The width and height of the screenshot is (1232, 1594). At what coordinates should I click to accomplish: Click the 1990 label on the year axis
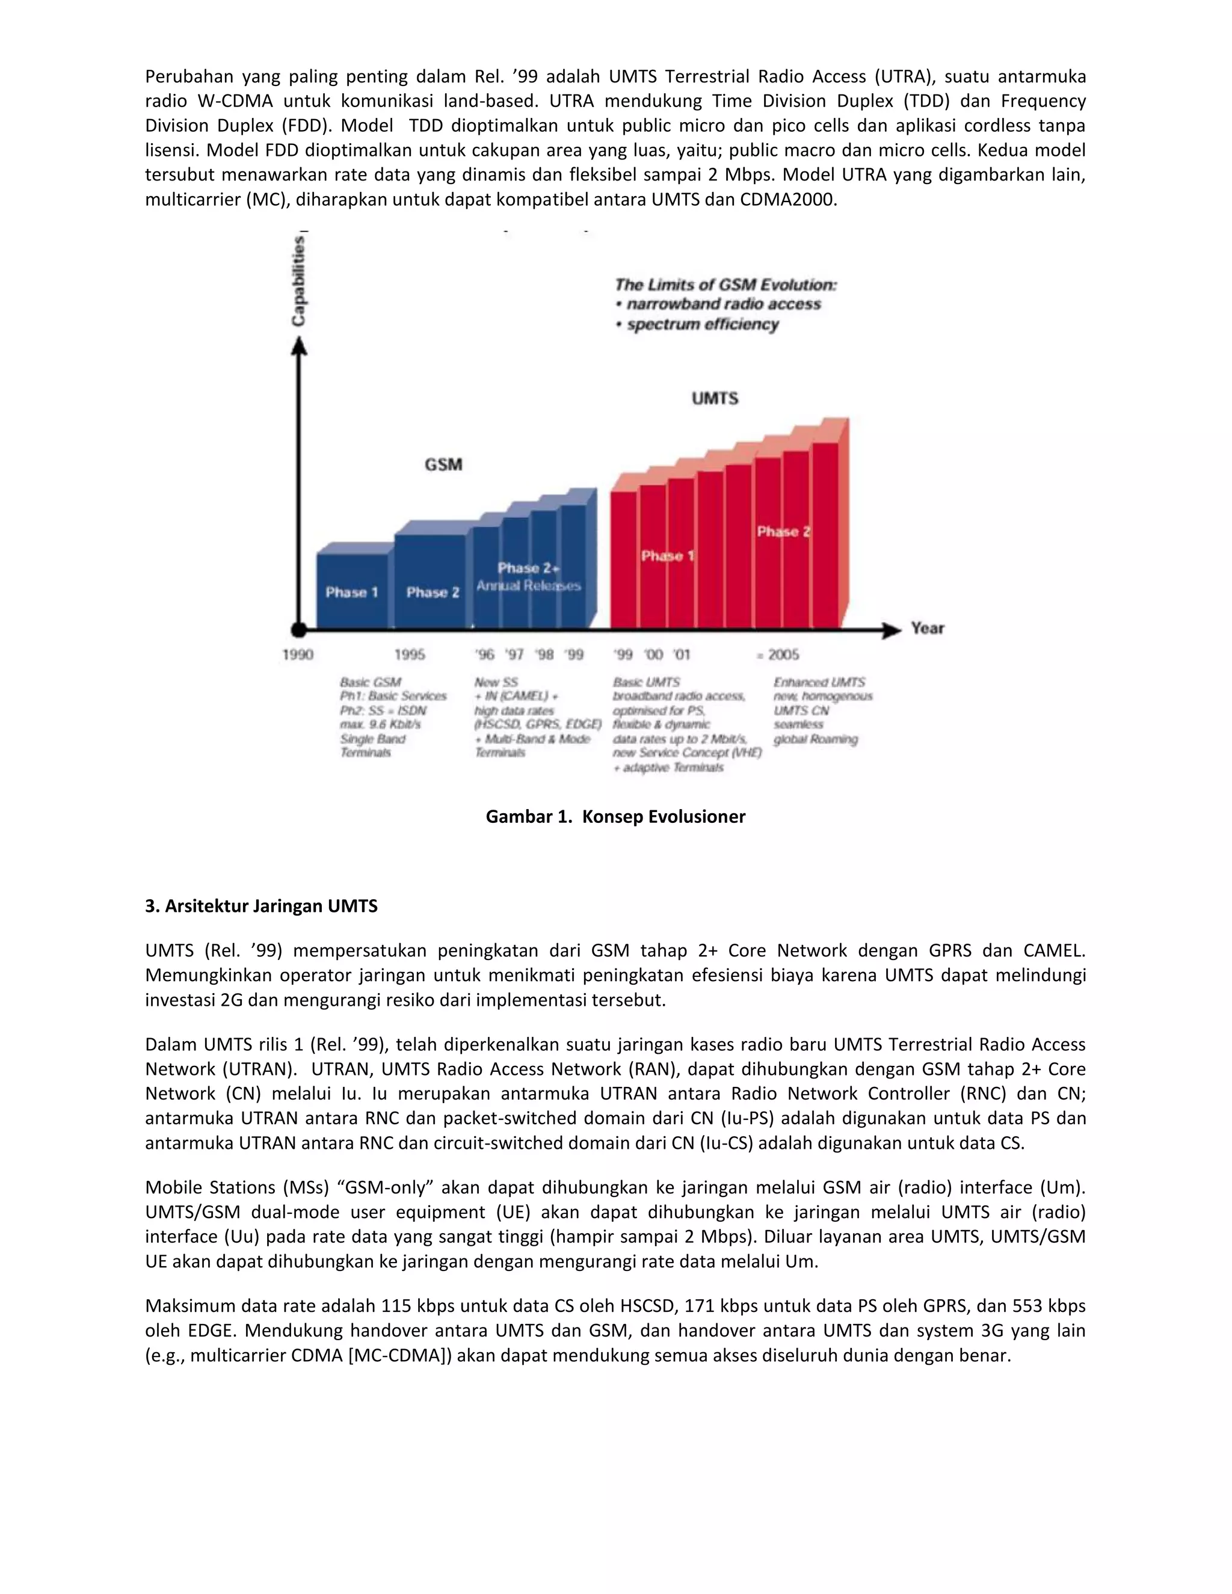tap(298, 654)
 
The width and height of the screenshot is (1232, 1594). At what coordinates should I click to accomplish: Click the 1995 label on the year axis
tap(410, 654)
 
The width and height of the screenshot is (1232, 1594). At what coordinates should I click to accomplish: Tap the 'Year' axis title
tap(927, 629)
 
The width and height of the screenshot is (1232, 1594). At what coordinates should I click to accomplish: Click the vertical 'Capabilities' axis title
tap(299, 281)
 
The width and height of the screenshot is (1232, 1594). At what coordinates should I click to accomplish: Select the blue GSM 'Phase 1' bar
tap(353, 591)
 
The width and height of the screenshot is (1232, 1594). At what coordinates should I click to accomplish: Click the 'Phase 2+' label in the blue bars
tap(528, 568)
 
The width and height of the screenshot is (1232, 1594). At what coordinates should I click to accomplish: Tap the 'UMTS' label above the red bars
tap(715, 398)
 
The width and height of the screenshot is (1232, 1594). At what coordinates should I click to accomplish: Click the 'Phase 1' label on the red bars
tap(667, 556)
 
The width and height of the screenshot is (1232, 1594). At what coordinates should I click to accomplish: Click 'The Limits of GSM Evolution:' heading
tap(725, 285)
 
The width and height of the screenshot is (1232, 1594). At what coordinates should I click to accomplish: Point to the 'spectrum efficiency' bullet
tap(702, 324)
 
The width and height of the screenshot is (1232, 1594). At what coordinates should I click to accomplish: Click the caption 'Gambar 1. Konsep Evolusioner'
tap(615, 817)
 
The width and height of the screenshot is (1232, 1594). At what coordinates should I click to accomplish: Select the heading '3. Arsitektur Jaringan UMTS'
tap(261, 906)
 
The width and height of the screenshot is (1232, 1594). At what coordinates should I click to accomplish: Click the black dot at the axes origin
tap(298, 630)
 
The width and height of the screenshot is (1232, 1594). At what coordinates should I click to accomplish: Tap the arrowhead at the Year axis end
tap(892, 630)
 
